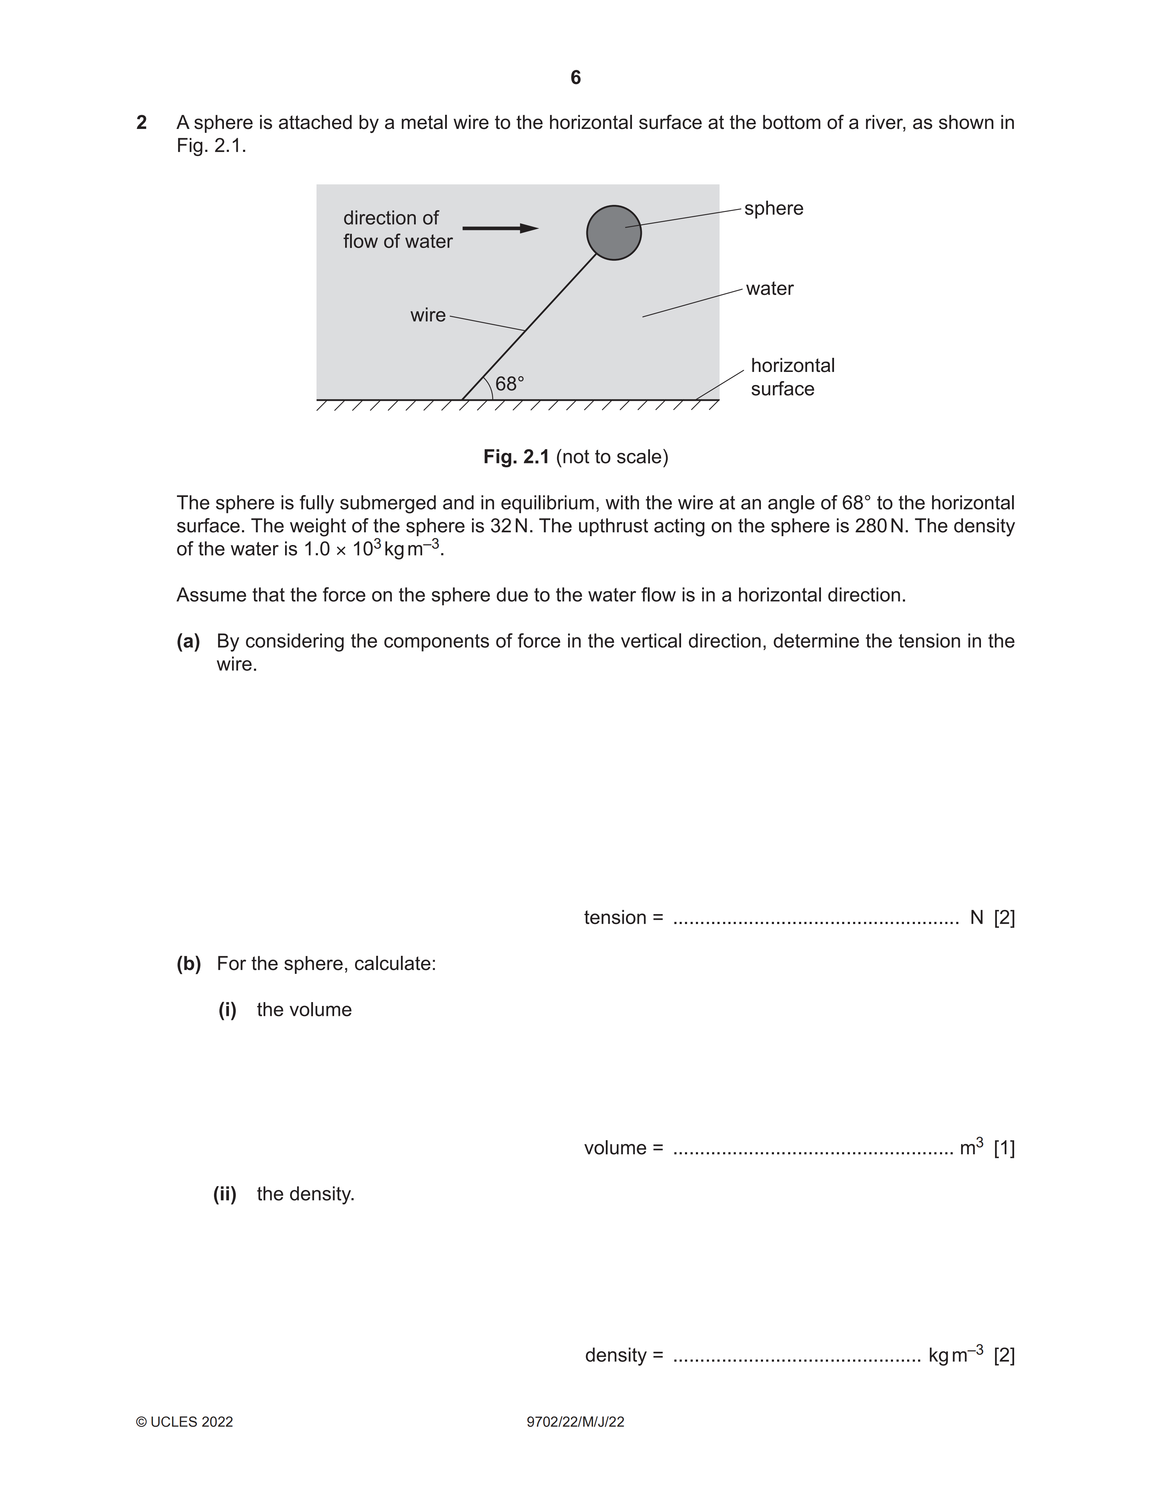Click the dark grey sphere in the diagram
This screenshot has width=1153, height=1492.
click(x=613, y=233)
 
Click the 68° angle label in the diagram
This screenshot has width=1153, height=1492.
click(x=510, y=384)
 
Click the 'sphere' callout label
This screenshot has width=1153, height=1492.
click(x=773, y=208)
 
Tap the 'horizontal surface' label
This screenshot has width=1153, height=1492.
click(x=792, y=377)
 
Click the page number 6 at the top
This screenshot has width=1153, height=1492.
click(x=576, y=78)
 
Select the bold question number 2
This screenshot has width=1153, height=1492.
click(x=141, y=123)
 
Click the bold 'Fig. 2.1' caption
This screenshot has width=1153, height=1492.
click(x=516, y=457)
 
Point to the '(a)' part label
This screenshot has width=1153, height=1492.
click(x=188, y=641)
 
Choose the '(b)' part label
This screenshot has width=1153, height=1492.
click(x=189, y=964)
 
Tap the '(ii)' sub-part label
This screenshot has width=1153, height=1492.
click(x=225, y=1194)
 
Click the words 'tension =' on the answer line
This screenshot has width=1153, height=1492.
click(x=623, y=917)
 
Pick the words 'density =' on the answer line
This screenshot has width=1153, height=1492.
click(x=623, y=1355)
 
